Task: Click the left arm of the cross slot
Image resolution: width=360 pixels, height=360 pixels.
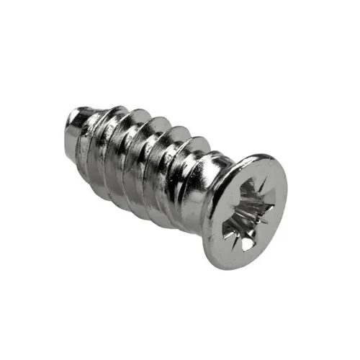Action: pyautogui.click(x=229, y=211)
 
